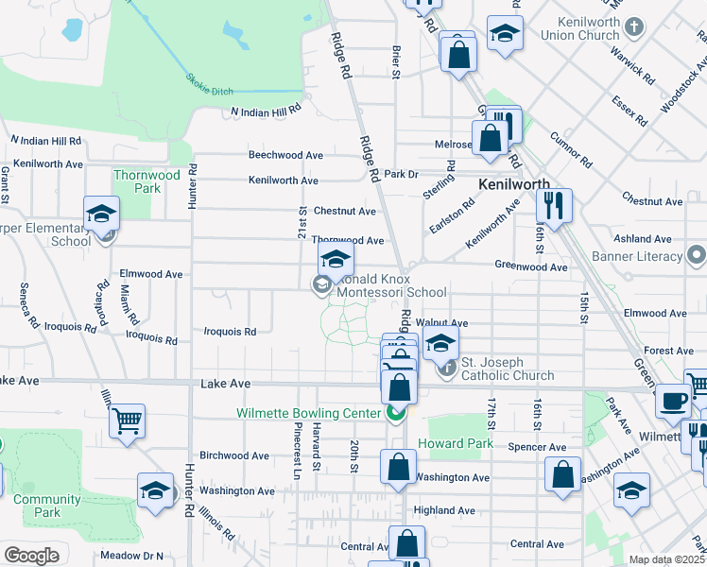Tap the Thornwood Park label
[x=147, y=181]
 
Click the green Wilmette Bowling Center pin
[x=396, y=413]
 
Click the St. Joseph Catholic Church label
[x=508, y=376]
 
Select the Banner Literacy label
[x=636, y=256]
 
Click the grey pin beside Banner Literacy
[x=697, y=255]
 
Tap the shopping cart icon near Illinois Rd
[x=127, y=420]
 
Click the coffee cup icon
[x=674, y=400]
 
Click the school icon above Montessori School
[x=335, y=257]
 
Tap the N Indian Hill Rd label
[x=267, y=111]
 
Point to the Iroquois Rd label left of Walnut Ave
[x=231, y=332]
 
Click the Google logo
[x=30, y=556]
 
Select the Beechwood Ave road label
[x=285, y=155]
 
